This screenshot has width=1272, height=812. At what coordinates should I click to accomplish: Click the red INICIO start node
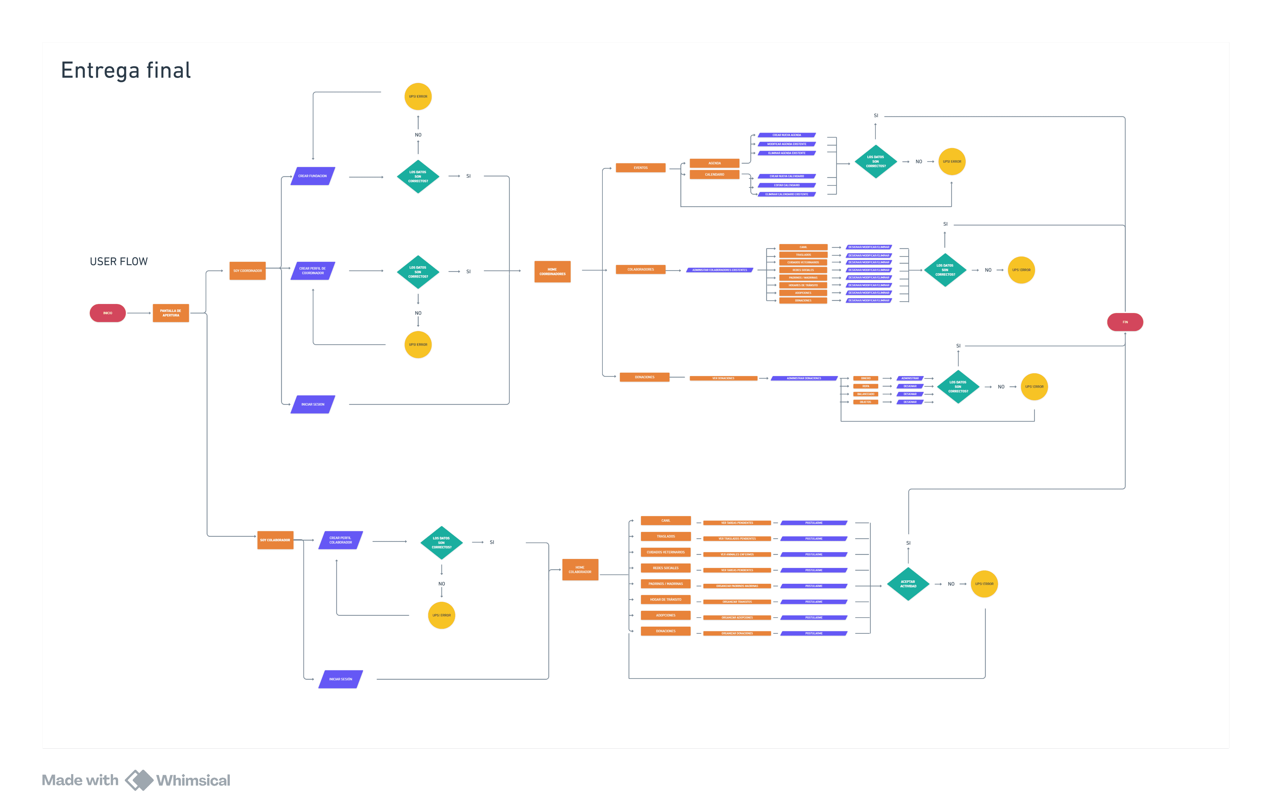107,313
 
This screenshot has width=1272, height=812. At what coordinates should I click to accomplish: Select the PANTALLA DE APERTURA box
170,313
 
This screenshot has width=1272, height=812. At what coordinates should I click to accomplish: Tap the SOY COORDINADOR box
247,270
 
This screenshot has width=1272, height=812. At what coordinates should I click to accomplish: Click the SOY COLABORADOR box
275,540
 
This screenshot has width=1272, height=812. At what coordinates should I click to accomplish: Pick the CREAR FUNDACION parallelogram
313,176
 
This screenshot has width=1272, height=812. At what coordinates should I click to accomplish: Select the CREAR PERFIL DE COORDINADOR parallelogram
313,270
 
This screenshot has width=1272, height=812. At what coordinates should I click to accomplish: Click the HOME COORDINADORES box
552,272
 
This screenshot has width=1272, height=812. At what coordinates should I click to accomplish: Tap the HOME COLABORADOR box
580,569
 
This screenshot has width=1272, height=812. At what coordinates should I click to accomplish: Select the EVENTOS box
640,167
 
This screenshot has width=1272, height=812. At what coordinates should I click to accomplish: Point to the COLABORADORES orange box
640,270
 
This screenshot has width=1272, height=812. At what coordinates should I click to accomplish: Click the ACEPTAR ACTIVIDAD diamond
908,584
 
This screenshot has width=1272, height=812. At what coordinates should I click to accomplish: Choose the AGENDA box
714,163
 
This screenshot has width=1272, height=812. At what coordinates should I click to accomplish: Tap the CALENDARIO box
714,174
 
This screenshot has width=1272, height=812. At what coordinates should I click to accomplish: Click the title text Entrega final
126,70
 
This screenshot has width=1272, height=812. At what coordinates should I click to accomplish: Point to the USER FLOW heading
119,261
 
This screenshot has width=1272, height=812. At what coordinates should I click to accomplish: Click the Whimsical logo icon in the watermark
139,780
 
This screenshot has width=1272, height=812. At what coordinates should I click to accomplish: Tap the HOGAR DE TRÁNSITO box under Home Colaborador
666,600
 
